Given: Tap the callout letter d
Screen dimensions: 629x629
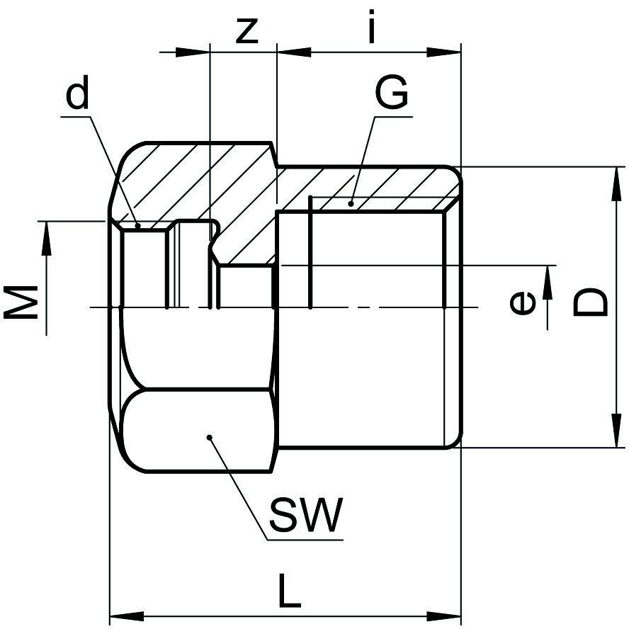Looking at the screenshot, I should tap(79, 95).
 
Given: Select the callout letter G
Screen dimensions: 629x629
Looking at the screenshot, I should tap(392, 93).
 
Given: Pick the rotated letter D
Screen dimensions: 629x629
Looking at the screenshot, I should tap(589, 302).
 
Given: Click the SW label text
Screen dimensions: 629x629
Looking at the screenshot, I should tap(305, 516).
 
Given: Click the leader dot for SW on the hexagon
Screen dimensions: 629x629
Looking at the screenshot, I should tap(210, 437).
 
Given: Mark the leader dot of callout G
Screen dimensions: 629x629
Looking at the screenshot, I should tap(351, 204).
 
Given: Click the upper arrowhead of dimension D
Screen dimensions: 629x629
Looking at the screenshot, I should tap(612, 180).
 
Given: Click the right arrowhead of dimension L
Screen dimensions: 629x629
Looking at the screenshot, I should tap(446, 615).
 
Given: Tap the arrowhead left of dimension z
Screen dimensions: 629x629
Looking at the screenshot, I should tap(195, 51).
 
